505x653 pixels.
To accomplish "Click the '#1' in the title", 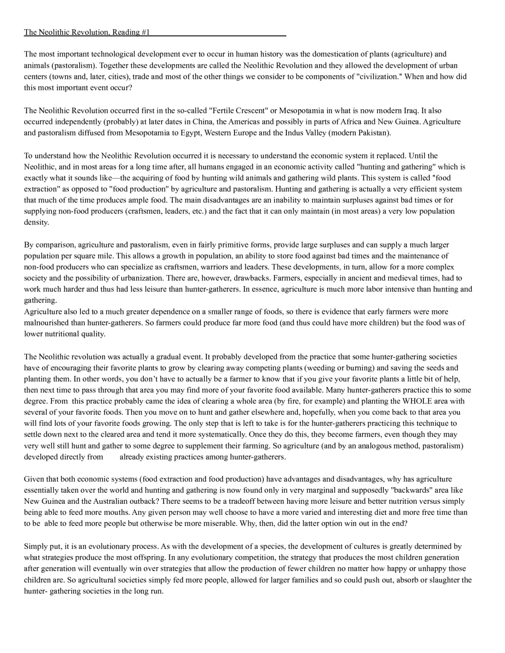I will [145, 32].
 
